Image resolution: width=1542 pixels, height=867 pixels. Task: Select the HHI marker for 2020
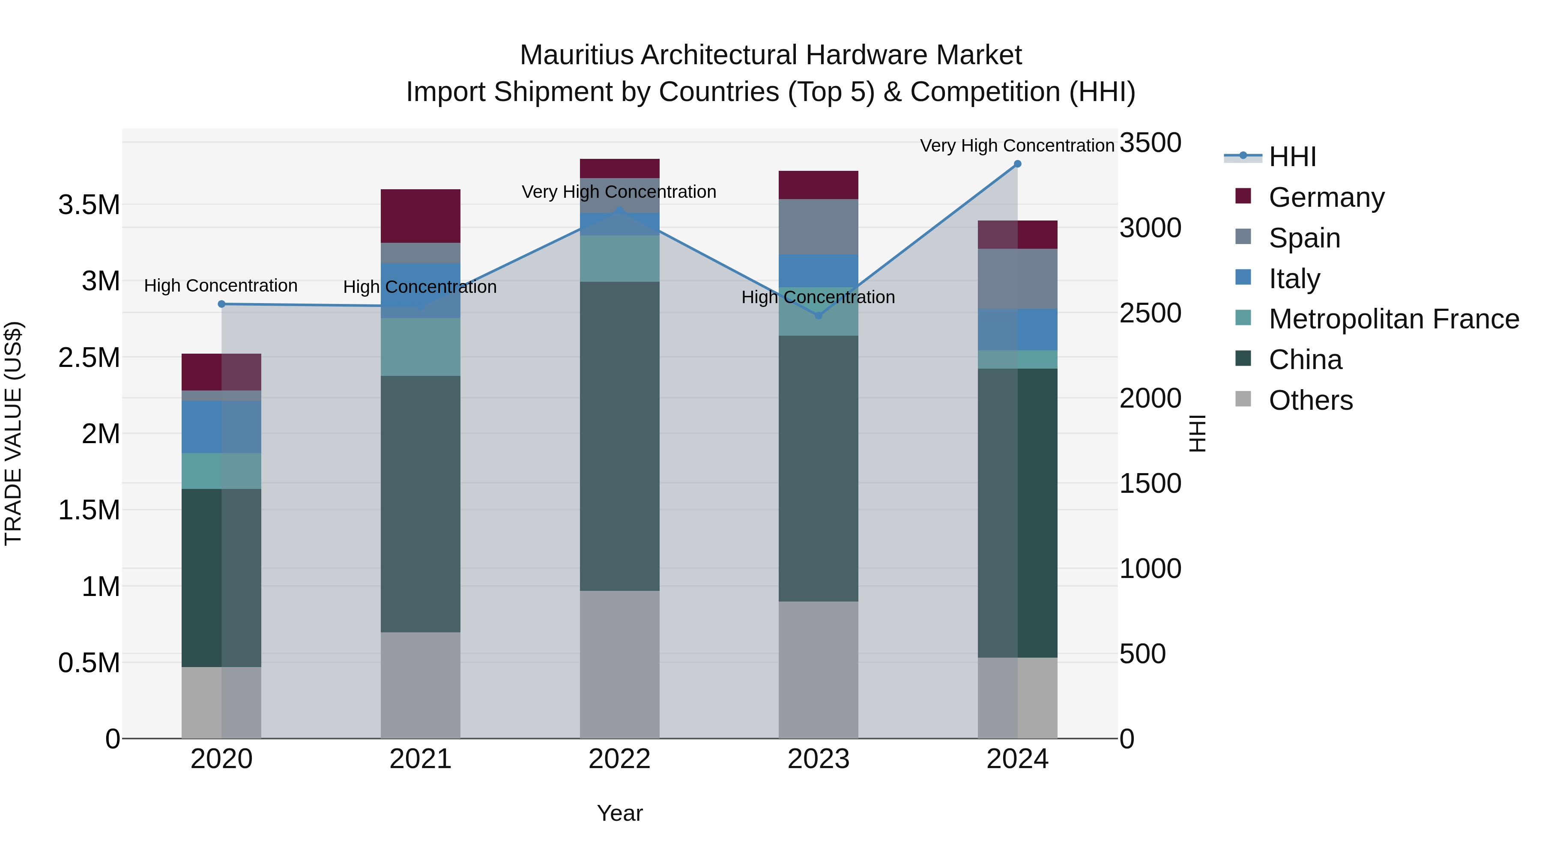tap(221, 304)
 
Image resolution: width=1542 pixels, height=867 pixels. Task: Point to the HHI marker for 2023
tap(819, 315)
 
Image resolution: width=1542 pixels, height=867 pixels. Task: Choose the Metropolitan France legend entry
tap(1393, 319)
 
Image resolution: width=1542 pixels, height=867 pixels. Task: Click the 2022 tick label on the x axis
tap(619, 759)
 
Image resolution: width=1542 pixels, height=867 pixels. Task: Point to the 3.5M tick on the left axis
tap(89, 205)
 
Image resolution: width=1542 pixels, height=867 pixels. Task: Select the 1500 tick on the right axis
tap(1150, 483)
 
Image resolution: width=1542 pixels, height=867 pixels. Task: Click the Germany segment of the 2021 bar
tap(420, 216)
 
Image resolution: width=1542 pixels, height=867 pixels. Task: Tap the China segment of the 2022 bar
tap(619, 436)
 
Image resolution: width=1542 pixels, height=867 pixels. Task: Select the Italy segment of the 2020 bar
tap(221, 426)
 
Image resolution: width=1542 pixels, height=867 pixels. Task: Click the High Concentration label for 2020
tap(221, 286)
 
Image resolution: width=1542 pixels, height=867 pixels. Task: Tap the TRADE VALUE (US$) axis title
tap(13, 433)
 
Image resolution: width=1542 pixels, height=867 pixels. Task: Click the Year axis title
tap(619, 813)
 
